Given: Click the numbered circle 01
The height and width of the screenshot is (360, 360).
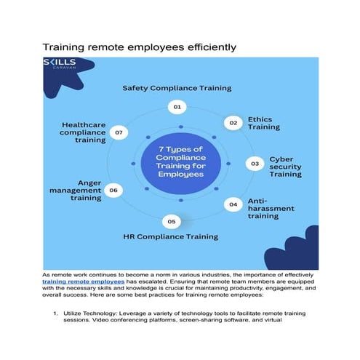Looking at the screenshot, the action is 175,106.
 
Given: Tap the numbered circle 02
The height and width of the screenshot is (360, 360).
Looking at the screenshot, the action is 233,123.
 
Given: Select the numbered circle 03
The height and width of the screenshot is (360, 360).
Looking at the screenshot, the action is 255,164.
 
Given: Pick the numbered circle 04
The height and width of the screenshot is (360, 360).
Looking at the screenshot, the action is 233,204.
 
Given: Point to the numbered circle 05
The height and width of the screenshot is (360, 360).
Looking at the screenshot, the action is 171,220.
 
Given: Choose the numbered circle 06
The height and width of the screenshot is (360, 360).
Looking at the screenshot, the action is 113,191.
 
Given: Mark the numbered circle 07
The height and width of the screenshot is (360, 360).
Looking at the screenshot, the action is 119,132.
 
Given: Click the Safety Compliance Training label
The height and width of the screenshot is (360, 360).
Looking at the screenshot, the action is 176,88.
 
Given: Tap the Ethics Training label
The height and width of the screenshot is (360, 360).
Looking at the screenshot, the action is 263,122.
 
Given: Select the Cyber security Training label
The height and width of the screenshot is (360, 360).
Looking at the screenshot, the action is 285,166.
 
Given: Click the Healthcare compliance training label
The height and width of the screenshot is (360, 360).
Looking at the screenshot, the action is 84,132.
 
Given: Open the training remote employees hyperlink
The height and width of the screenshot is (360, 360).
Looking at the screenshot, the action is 83,281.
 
